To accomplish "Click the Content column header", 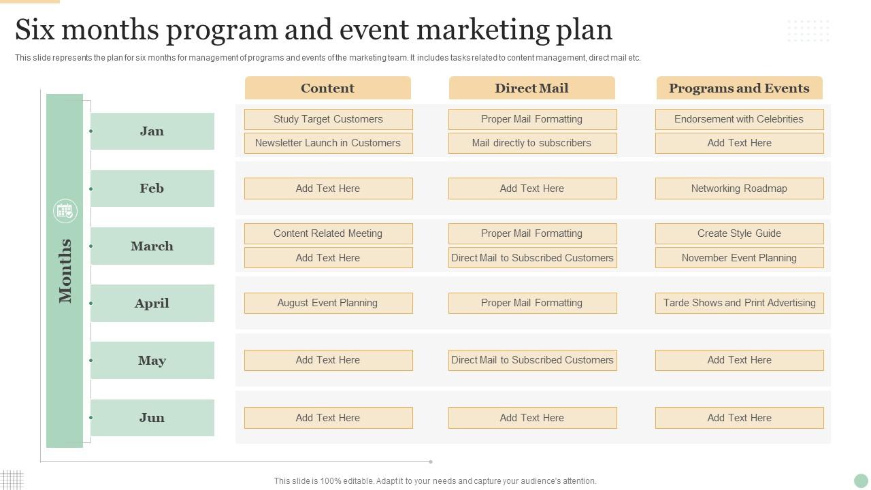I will coord(327,88).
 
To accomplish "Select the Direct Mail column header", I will coord(531,88).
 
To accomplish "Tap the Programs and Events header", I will coord(739,88).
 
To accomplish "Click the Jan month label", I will coord(152,131).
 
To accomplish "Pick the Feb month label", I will coord(152,189).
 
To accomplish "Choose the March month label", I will coord(152,246).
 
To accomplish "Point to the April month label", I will coord(152,303).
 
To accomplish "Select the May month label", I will coord(152,360).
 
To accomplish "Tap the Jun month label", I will coord(152,417).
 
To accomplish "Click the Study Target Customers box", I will coord(328,119).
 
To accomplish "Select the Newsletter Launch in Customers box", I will coord(328,143).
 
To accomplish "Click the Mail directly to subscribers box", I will coord(532,143).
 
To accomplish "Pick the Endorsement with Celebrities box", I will coord(739,119).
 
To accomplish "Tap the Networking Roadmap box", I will coord(739,189).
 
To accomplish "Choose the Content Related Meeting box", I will coord(328,233).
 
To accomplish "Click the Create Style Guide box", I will coord(739,233).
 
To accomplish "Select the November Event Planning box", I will coord(739,258).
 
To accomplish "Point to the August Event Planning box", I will coord(328,303).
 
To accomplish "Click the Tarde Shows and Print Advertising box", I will coord(739,303).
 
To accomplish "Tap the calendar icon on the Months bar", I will coord(65,211).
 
